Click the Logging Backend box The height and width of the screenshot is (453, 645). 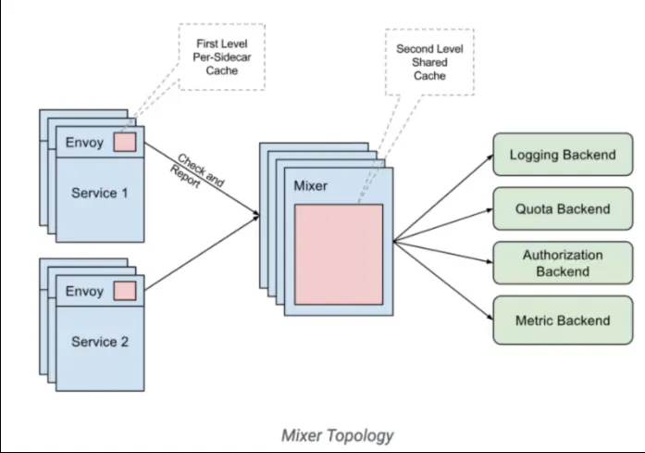[563, 155]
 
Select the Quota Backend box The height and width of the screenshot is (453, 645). [563, 208]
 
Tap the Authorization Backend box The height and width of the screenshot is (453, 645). [563, 263]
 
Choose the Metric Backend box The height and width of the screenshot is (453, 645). [563, 321]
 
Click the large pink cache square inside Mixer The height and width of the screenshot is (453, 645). [339, 254]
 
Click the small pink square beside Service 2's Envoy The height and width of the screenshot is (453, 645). [125, 291]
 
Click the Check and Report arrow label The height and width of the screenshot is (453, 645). [195, 170]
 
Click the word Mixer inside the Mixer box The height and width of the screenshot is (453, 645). [310, 186]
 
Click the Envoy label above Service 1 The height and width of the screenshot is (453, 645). [84, 144]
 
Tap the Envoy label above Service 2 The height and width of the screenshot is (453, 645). [84, 291]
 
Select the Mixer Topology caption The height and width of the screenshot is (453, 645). [338, 434]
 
